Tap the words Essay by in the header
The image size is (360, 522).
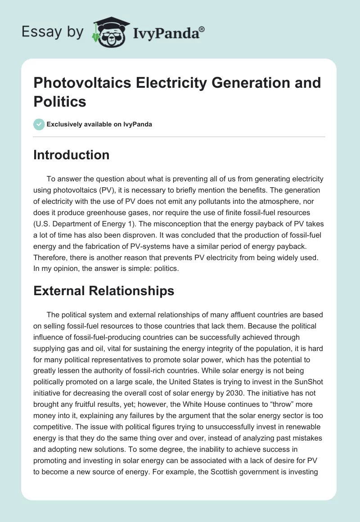click(x=52, y=32)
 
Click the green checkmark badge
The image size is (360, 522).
click(x=39, y=124)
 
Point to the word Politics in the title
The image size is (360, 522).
click(x=60, y=101)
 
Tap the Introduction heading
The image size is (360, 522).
click(x=72, y=155)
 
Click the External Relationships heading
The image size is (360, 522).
click(x=103, y=291)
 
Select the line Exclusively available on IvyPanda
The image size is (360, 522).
click(x=99, y=125)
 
